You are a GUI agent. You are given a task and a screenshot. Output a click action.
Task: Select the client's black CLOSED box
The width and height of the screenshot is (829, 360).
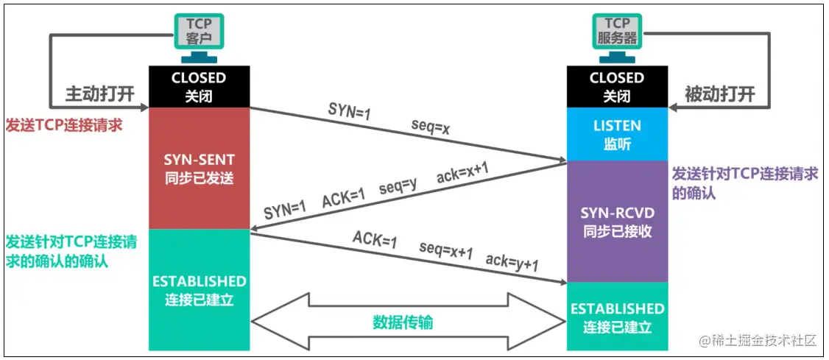198,86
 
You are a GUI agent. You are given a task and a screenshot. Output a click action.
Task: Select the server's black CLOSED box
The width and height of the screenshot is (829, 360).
616,86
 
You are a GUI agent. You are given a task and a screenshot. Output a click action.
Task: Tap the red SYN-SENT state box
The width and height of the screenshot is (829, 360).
198,168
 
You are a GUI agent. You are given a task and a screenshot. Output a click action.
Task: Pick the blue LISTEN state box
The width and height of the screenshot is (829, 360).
616,134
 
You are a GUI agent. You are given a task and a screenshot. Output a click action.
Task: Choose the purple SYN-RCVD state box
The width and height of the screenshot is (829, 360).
616,221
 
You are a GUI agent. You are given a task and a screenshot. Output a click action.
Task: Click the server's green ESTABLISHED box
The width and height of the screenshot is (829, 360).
616,317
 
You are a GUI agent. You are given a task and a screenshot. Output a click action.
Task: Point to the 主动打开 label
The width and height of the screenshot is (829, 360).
100,94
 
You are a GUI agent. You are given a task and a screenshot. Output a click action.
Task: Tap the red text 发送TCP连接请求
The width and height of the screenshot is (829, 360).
63,124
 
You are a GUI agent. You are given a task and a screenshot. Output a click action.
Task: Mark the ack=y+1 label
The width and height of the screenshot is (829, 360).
512,263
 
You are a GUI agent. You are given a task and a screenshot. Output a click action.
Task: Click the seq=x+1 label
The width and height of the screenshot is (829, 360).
445,250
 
